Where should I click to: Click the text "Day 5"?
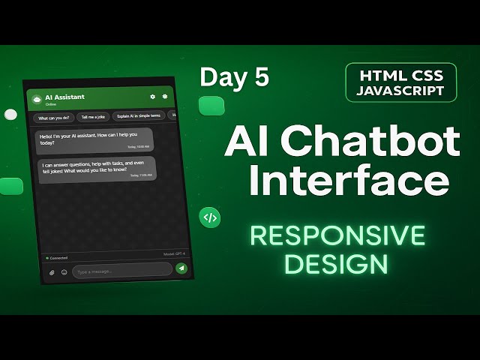pos(234,76)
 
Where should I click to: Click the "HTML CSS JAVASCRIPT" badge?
pos(401,82)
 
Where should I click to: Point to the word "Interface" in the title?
pos(349,180)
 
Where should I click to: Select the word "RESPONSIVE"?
pos(337,235)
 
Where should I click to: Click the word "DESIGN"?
pos(337,264)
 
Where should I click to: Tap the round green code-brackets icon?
pos(211,218)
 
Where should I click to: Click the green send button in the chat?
pos(181,268)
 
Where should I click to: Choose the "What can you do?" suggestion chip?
pos(54,118)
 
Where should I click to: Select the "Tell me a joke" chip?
pos(93,117)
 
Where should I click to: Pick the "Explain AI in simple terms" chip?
pos(139,115)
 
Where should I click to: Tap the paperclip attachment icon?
pos(52,272)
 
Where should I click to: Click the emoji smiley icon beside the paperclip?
pos(64,272)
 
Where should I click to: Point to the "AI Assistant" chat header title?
pos(64,97)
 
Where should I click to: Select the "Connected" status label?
pos(58,257)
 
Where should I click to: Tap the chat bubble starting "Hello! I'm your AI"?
pos(94,140)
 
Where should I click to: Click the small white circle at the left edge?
pos(10,115)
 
